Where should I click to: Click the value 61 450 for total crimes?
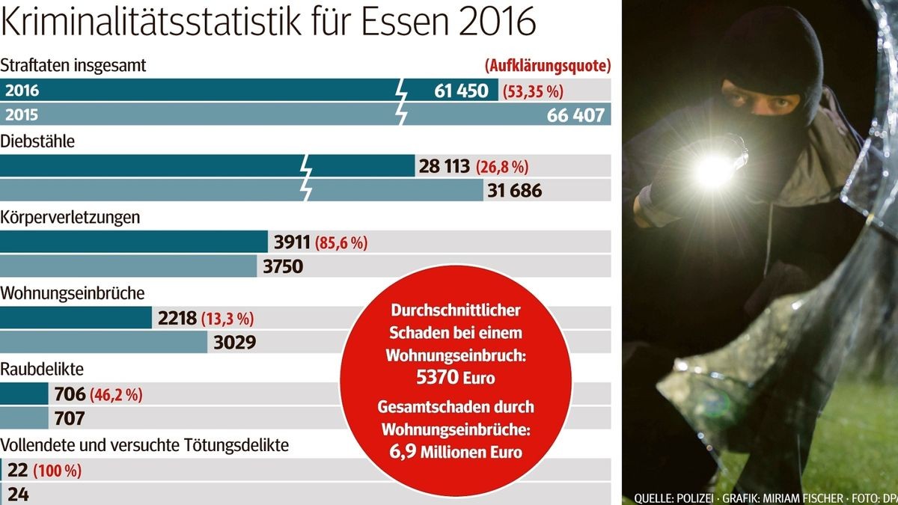tap(461, 91)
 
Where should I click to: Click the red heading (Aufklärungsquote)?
tap(548, 65)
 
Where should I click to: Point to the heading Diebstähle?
tap(38, 141)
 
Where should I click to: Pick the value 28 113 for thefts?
tap(444, 166)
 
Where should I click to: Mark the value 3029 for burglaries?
tap(236, 343)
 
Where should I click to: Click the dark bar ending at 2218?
tap(76, 318)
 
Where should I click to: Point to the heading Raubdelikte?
tap(42, 369)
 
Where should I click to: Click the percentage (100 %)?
tap(57, 471)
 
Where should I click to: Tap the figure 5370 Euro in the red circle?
tap(455, 377)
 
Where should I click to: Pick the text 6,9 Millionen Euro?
tap(456, 451)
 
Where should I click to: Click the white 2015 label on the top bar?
tap(22, 116)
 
